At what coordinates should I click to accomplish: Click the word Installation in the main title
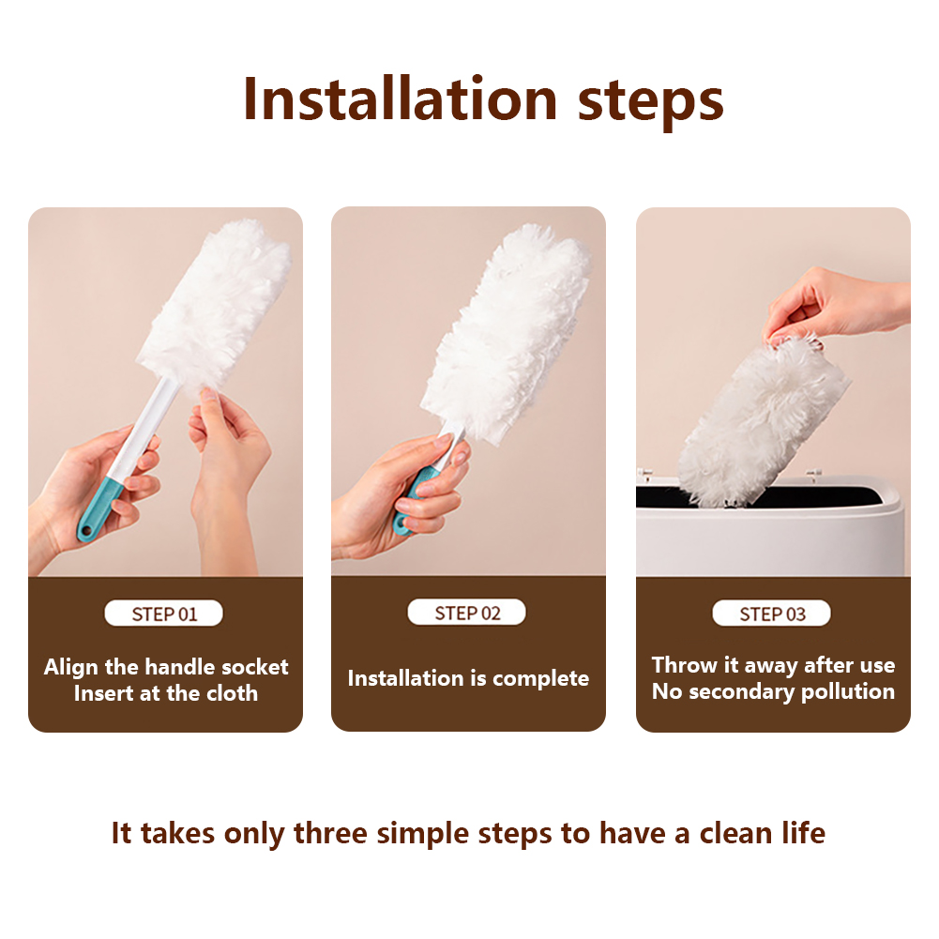pyautogui.click(x=400, y=99)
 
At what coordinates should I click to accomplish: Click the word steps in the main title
pyautogui.click(x=650, y=103)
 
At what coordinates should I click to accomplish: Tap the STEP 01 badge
pyautogui.click(x=163, y=613)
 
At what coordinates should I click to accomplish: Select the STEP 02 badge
pyautogui.click(x=466, y=613)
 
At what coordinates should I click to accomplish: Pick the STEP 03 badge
pyautogui.click(x=771, y=613)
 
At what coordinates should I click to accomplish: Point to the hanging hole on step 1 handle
pyautogui.click(x=86, y=531)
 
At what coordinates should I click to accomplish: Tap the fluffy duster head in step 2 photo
pyautogui.click(x=507, y=332)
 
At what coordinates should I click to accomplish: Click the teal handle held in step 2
pyautogui.click(x=412, y=497)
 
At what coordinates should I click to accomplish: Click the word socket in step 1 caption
pyautogui.click(x=254, y=667)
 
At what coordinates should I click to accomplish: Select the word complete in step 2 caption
pyautogui.click(x=540, y=678)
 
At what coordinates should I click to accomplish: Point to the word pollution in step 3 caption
pyautogui.click(x=847, y=692)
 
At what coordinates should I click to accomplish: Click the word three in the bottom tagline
pyautogui.click(x=330, y=833)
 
